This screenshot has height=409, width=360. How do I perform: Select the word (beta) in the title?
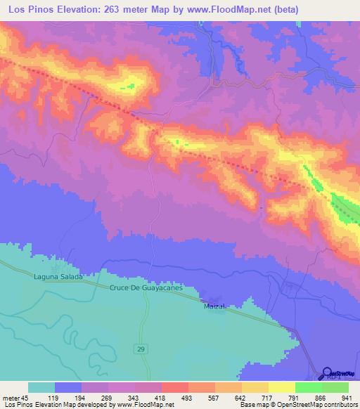[282, 9]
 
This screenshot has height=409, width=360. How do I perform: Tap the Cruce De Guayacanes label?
[146, 288]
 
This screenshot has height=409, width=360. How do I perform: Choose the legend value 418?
[161, 398]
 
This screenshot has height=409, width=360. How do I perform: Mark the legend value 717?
[268, 398]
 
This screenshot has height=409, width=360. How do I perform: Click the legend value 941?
[348, 398]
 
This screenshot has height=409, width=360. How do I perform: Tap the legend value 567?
[214, 398]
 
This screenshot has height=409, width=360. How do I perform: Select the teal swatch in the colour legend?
[41, 387]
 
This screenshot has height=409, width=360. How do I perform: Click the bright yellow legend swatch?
[281, 387]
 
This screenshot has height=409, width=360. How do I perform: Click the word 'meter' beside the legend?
[11, 398]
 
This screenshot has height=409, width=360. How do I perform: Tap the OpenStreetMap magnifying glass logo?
[326, 373]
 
